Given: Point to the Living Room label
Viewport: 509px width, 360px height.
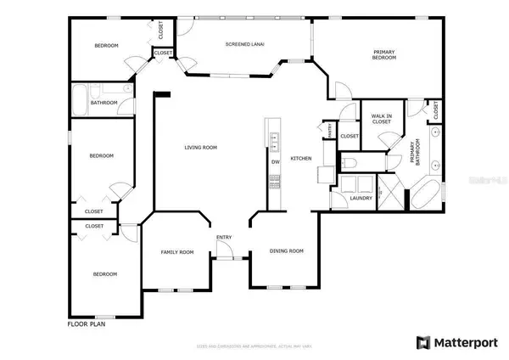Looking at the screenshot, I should [x=202, y=147].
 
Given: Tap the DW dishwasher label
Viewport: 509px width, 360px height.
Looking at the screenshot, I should [x=275, y=161].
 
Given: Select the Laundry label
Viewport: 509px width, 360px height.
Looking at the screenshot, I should [x=361, y=199].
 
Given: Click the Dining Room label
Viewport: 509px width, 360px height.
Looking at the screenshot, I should [x=286, y=250].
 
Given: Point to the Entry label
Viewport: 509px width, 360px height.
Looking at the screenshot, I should [x=224, y=237].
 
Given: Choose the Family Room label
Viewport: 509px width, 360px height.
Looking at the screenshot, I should [x=178, y=252].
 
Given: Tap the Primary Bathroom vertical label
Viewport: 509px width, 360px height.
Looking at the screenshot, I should [x=415, y=153].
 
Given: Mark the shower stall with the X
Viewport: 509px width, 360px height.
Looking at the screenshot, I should [x=389, y=192].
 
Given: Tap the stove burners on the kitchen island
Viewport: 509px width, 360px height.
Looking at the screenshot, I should [x=274, y=179].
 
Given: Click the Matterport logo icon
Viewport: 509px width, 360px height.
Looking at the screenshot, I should [x=422, y=342].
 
